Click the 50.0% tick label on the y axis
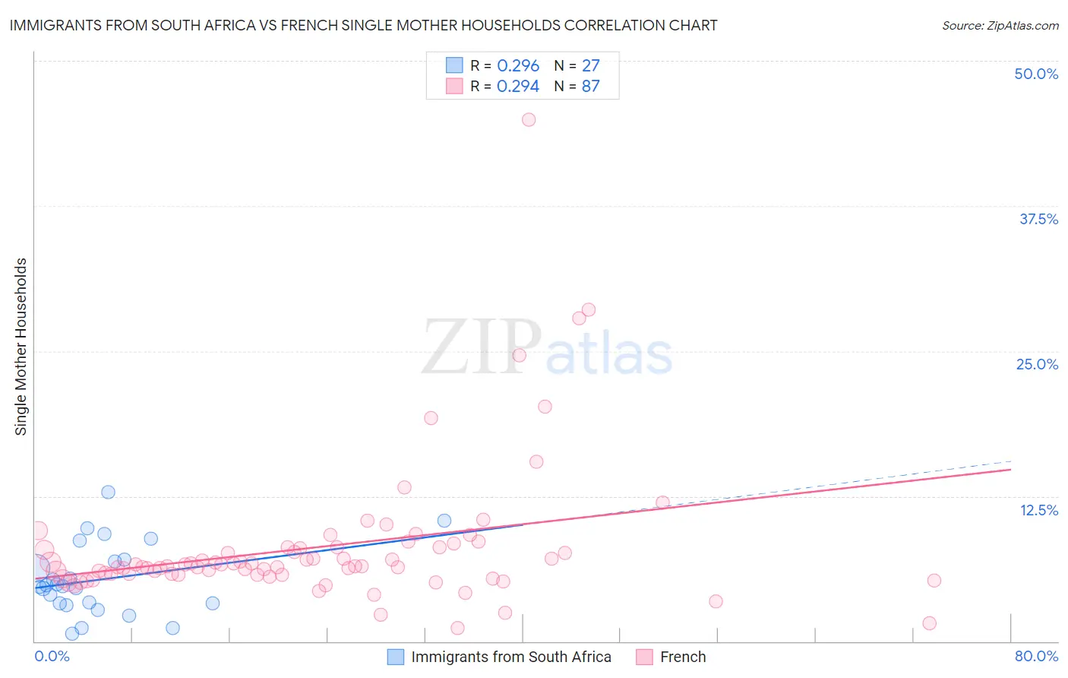[1036, 74]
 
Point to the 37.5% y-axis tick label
[1038, 219]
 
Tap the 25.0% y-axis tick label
[1037, 364]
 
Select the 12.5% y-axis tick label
[1038, 510]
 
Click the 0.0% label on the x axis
[52, 656]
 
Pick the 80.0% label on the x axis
[1036, 656]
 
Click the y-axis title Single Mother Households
[21, 347]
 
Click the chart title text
[363, 25]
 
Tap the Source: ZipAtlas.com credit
[1000, 25]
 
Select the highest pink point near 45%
[529, 119]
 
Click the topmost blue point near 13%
[108, 492]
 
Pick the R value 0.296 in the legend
[518, 65]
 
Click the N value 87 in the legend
[590, 86]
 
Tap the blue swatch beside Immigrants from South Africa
[396, 657]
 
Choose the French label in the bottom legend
[683, 657]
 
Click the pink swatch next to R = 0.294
[454, 86]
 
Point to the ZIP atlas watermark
[547, 347]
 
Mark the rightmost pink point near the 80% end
[934, 581]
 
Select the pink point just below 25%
[520, 355]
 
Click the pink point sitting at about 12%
[662, 502]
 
